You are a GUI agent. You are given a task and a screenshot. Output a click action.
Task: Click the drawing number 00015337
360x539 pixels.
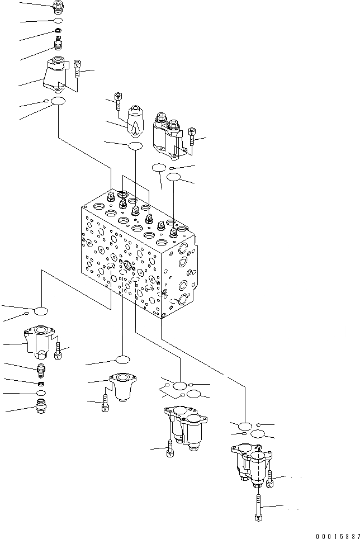336,535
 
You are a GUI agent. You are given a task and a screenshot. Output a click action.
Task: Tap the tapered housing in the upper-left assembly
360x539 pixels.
55,75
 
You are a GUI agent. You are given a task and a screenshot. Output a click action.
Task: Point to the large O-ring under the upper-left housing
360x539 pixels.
58,101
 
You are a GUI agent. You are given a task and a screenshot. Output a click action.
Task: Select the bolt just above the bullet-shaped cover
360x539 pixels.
119,101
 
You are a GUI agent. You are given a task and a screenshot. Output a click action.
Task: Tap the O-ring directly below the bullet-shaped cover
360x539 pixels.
135,146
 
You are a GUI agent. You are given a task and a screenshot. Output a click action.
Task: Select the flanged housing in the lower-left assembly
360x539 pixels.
40,341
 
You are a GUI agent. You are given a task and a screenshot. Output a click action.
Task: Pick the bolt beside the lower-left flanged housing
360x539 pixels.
58,351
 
